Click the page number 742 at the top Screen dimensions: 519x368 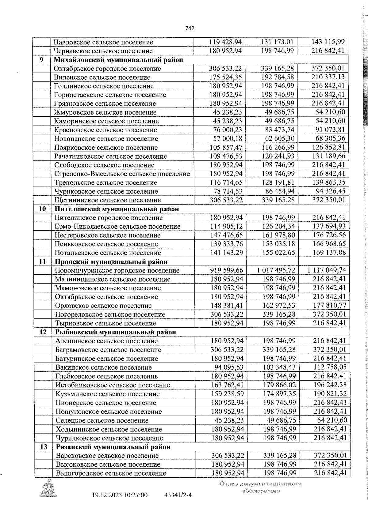(x=190, y=28)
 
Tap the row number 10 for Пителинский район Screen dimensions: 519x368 (x=42, y=209)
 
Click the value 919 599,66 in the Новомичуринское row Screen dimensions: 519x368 (x=226, y=270)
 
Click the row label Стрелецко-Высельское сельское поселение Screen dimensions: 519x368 (x=122, y=174)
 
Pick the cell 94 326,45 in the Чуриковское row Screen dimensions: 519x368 (x=330, y=191)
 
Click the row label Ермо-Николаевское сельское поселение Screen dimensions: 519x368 (x=117, y=227)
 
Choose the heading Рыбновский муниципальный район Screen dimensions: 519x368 (x=116, y=332)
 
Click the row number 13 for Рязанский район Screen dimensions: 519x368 (x=44, y=447)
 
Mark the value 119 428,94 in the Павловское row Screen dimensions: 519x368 (x=225, y=42)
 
